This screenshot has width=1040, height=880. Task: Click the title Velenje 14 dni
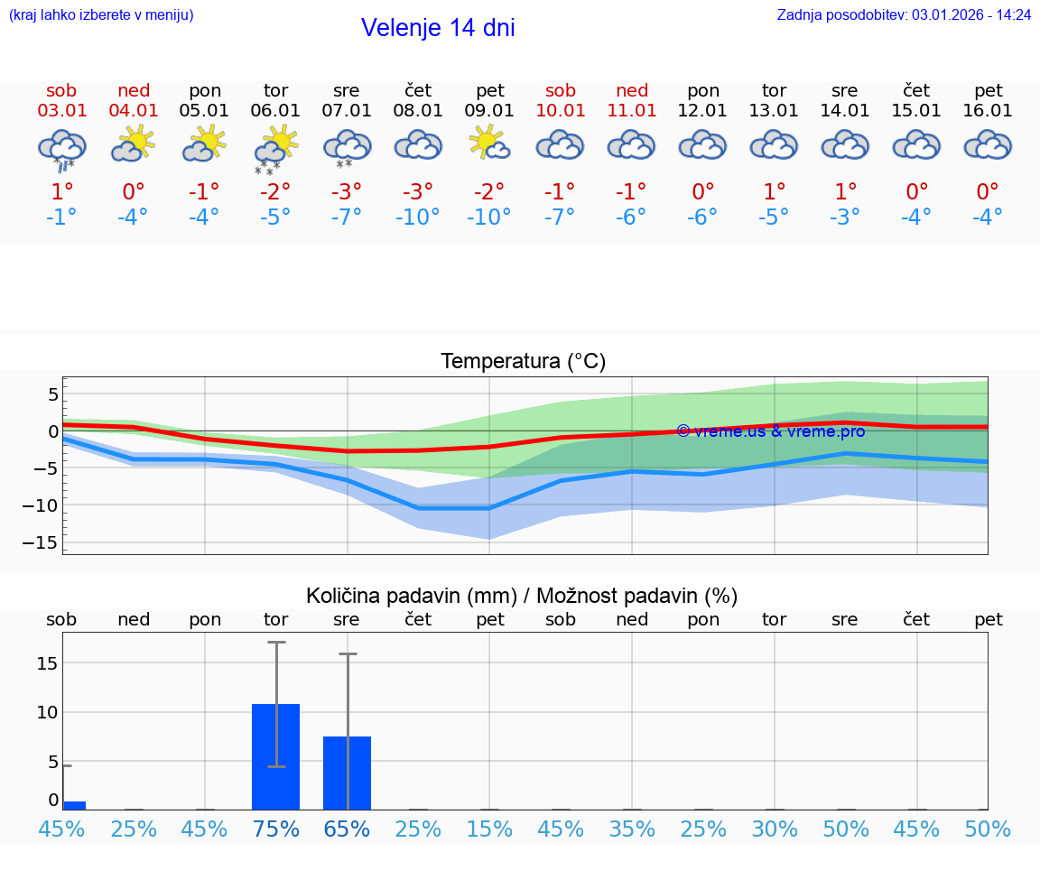click(438, 28)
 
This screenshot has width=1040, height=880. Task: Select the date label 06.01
click(275, 111)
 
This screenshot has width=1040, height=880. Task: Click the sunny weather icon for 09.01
click(488, 144)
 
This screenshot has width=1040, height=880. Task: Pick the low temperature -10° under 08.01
click(417, 218)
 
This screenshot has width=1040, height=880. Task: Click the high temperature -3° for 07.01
click(346, 191)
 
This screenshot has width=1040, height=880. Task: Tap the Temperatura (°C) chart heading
click(523, 362)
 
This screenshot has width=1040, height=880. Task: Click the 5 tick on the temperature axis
click(53, 394)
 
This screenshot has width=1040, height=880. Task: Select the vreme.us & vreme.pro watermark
click(770, 431)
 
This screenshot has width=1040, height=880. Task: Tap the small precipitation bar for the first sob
click(74, 805)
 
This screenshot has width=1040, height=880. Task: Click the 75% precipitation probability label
click(275, 829)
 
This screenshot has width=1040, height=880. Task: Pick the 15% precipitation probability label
click(489, 829)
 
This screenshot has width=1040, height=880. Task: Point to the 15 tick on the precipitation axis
click(47, 663)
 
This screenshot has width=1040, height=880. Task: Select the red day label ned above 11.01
click(632, 90)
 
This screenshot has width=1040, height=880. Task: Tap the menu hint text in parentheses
click(101, 14)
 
